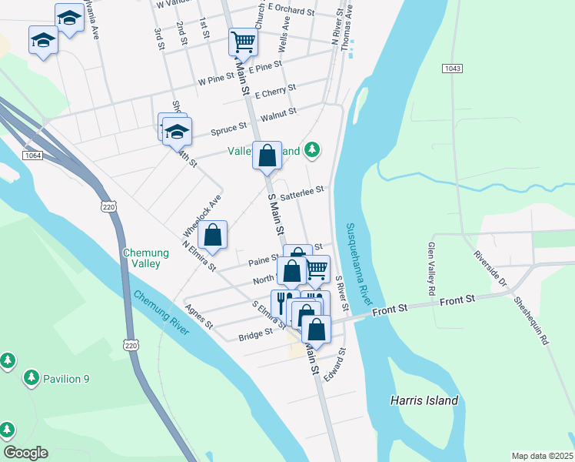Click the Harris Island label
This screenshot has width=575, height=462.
point(424,400)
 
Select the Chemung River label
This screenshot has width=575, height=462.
point(161,313)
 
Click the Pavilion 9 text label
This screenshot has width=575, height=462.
point(66,378)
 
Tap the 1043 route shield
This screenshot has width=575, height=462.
point(452,69)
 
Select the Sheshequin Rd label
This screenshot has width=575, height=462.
point(532,320)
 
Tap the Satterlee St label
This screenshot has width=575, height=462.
point(304,192)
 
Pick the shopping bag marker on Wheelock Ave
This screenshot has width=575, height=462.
point(213,234)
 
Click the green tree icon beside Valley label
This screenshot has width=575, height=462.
point(311,149)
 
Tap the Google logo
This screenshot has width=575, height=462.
point(25,452)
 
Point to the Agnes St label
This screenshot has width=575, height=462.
point(198,320)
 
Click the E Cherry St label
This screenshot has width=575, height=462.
point(275,92)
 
